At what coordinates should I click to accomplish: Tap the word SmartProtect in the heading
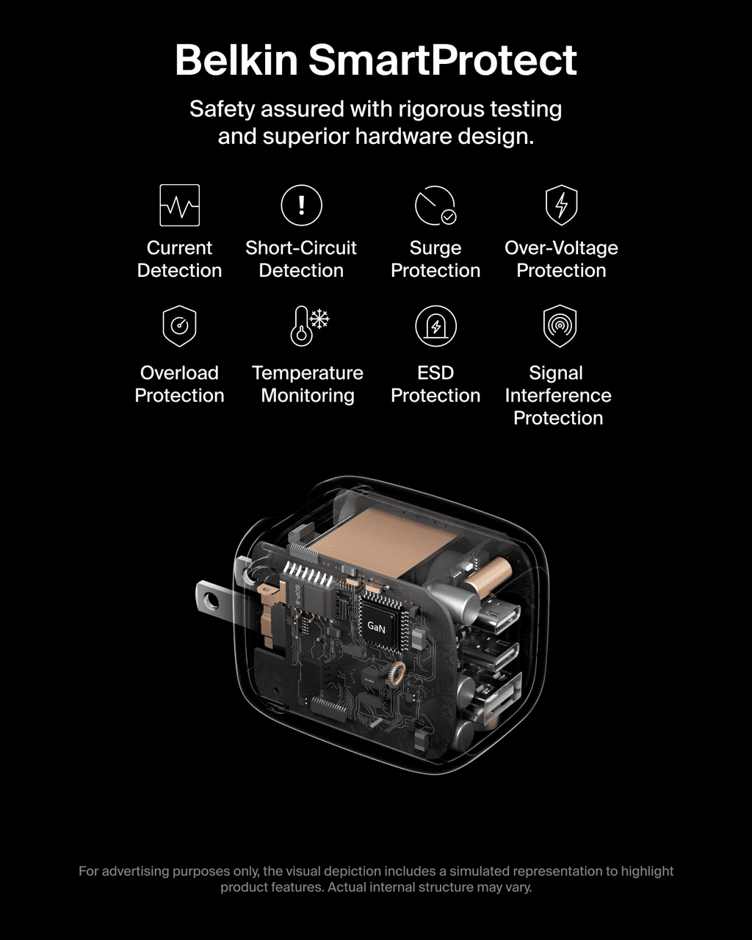pos(443,60)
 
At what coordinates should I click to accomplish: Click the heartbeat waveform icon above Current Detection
pos(180,205)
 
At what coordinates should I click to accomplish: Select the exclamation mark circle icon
pos(302,205)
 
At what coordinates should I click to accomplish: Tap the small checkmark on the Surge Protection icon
pos(449,217)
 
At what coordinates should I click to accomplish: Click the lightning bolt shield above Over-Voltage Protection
pos(562,205)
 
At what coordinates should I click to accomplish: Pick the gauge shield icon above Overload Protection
pos(179,326)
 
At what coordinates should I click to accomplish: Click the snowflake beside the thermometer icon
pos(319,319)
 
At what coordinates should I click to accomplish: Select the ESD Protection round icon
pos(435,326)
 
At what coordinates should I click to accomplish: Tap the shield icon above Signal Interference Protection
pos(560,326)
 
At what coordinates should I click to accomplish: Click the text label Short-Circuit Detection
pos(301,259)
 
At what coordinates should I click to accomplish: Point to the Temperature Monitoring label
pos(308,384)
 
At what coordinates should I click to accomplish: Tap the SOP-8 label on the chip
pos(297,595)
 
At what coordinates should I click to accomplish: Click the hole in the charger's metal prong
pos(212,601)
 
